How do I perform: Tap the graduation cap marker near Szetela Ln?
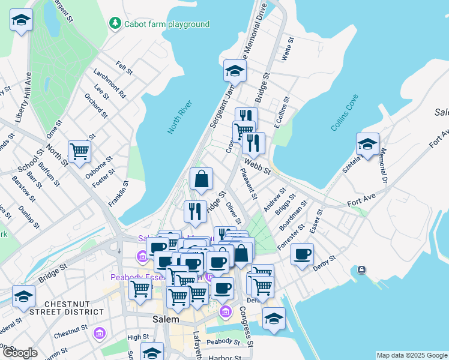pyautogui.click(x=367, y=144)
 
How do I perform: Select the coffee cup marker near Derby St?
pyautogui.click(x=303, y=253)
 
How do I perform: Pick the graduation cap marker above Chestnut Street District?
pyautogui.click(x=23, y=296)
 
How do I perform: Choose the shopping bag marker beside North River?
pyautogui.click(x=201, y=178)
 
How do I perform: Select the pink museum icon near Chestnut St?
pyautogui.click(x=100, y=332)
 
